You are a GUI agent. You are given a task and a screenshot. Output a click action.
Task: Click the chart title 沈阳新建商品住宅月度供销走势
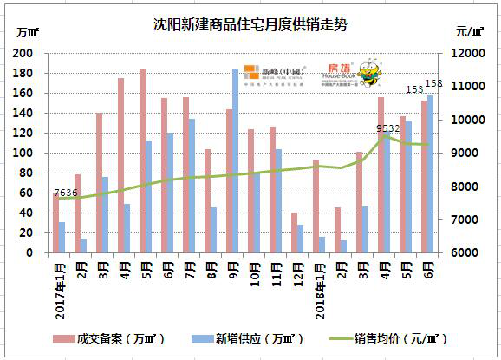point(250,18)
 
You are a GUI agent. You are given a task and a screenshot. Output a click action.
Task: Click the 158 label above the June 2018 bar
point(435,83)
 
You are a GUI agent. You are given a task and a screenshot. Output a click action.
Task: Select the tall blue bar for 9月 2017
point(235,161)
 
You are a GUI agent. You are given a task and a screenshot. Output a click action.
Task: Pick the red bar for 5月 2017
point(142,161)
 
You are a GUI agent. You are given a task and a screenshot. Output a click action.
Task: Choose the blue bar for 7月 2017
point(192,186)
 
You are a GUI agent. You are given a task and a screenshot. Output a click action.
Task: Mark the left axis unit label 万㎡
point(27,32)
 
